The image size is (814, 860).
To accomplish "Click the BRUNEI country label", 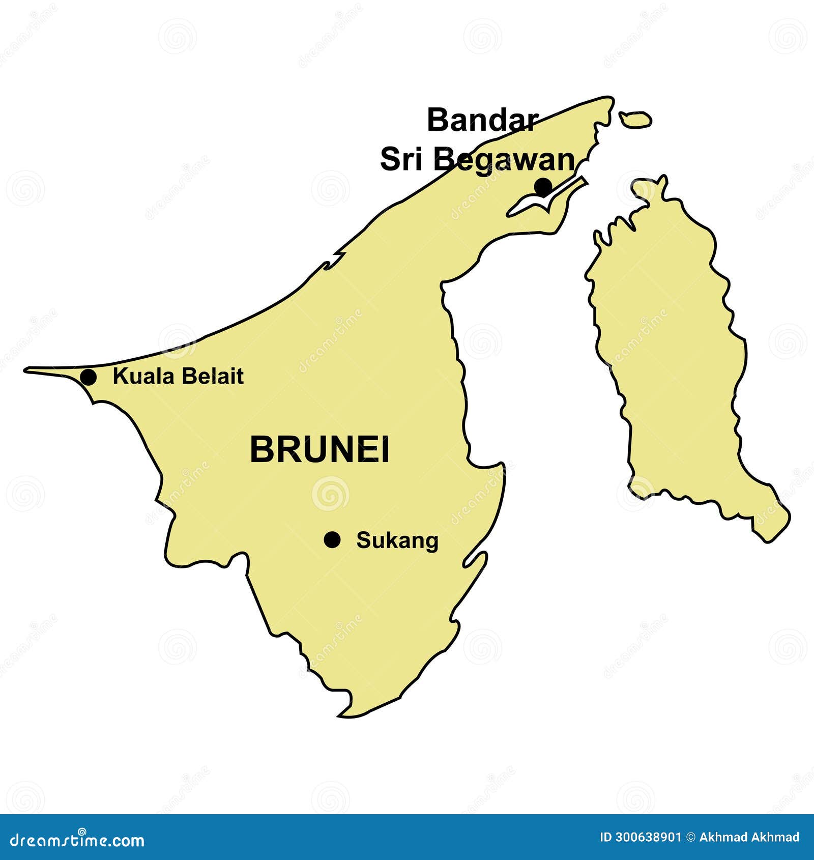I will pos(319,450).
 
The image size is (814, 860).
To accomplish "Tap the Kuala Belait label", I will pos(178,377).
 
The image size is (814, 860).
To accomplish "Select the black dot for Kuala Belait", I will pos(88,377).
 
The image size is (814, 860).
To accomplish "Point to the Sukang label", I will pos(397,540).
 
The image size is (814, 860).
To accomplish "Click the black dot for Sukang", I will pos(332,539).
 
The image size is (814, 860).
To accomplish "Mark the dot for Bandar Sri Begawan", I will pos(543,186).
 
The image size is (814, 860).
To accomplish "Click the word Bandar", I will pos(482,121).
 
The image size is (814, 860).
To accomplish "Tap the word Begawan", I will pos(504,159).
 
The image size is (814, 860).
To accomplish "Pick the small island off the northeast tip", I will pos(635,120).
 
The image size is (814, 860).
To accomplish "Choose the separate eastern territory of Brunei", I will pos(672,356).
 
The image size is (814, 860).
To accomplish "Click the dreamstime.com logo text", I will pos(77,841).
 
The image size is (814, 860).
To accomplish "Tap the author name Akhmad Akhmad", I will pos(749,837).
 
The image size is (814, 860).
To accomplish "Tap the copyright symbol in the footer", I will pos(690,837).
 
